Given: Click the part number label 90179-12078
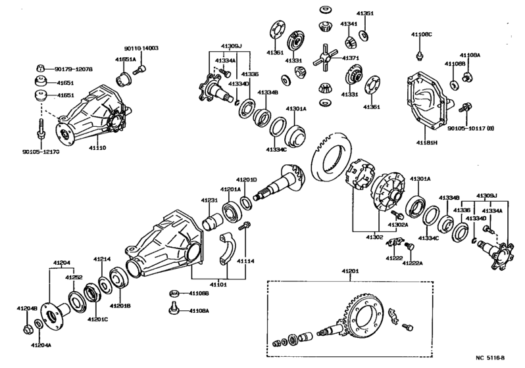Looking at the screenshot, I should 74,68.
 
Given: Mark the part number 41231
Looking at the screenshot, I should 209,200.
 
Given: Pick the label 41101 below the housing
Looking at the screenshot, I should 219,285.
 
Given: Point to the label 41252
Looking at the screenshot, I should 73,278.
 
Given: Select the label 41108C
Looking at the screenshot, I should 422,34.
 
